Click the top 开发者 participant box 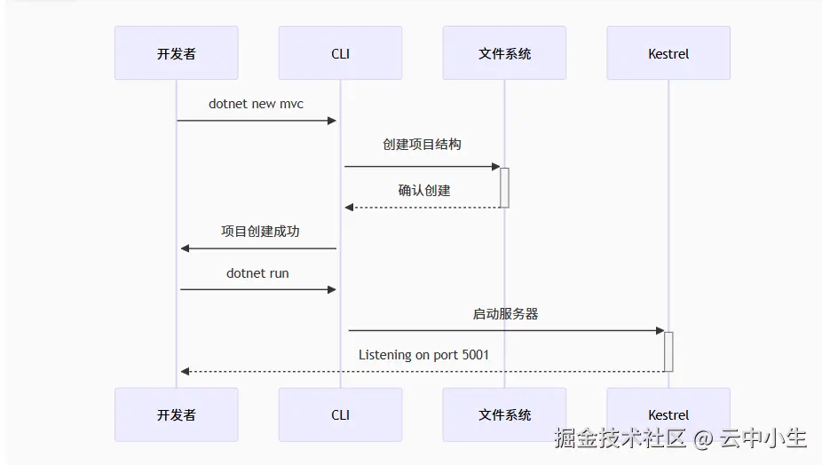point(176,53)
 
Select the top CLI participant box point(340,53)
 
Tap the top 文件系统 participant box point(504,53)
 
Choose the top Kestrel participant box point(668,53)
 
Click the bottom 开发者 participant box point(176,414)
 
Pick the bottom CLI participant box point(340,414)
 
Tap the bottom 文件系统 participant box point(504,414)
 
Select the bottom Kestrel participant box point(668,414)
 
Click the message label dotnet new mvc point(256,104)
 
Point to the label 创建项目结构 point(422,144)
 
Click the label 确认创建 point(423,190)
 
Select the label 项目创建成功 point(260,231)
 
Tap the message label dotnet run point(257,273)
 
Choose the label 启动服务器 point(505,313)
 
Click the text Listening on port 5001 point(423,355)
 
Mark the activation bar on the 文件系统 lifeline point(504,187)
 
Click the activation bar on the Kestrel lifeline point(668,351)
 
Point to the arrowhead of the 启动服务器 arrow point(660,331)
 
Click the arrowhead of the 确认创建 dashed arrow point(350,208)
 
